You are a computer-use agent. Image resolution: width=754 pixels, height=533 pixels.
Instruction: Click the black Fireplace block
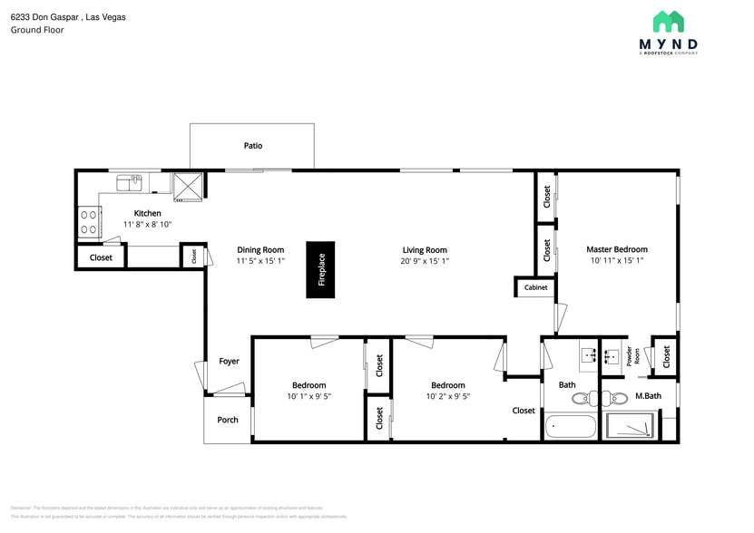pos(320,269)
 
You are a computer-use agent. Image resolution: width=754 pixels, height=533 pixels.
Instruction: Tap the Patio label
pos(253,145)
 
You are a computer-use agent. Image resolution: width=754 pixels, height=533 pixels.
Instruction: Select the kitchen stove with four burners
pos(89,222)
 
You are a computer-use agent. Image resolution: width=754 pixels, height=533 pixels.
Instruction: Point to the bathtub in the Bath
pos(571,426)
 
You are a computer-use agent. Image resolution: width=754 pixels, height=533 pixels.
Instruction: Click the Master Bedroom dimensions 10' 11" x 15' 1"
pos(617,261)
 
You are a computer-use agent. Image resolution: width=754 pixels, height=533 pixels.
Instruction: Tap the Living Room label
pos(425,250)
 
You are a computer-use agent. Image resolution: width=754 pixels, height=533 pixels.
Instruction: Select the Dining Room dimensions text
pos(260,261)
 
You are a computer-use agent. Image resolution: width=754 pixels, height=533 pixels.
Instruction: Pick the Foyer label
pos(229,361)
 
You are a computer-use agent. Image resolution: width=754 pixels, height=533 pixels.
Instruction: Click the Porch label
pos(228,420)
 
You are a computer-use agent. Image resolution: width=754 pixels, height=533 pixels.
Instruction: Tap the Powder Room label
pos(629,357)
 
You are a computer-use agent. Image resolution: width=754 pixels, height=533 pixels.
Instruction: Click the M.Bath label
pos(647,396)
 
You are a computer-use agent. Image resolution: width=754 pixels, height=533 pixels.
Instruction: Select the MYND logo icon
pos(669,22)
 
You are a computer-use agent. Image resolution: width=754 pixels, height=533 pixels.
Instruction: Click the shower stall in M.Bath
pos(631,426)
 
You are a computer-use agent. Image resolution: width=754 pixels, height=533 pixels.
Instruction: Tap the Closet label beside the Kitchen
pos(101,257)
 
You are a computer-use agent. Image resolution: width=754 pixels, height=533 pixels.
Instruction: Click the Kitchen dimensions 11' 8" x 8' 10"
pos(147,224)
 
